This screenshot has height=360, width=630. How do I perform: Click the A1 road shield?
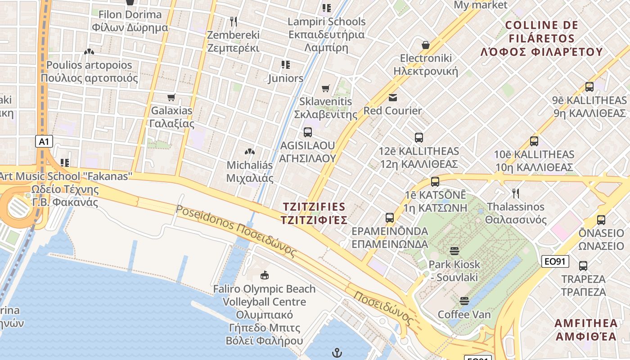tap(44, 142)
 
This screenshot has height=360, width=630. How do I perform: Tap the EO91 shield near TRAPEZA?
tap(555, 261)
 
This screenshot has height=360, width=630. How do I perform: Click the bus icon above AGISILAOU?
tap(308, 132)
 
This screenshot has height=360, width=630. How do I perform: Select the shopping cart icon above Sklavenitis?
tap(326, 89)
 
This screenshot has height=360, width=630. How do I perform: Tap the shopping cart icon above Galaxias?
tap(171, 97)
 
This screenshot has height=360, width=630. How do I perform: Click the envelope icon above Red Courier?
tap(393, 98)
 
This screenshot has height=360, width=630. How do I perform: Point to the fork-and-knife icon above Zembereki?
tap(233, 22)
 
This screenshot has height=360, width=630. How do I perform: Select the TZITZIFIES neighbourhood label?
tap(314, 213)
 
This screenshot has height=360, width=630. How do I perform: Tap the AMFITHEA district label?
tap(586, 329)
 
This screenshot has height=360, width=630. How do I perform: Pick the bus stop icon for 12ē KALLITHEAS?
tap(419, 138)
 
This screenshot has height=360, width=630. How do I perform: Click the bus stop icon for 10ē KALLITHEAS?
tap(534, 141)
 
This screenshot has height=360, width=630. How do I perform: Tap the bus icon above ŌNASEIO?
tap(601, 220)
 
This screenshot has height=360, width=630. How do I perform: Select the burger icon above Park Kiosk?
tap(454, 251)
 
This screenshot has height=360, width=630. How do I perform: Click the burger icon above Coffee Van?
tap(464, 301)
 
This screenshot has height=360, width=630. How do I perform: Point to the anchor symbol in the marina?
tap(336, 352)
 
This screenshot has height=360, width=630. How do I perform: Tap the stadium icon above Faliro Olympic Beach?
tap(265, 274)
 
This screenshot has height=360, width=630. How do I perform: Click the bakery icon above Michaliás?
tap(250, 152)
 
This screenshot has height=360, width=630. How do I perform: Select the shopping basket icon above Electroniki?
tap(425, 45)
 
